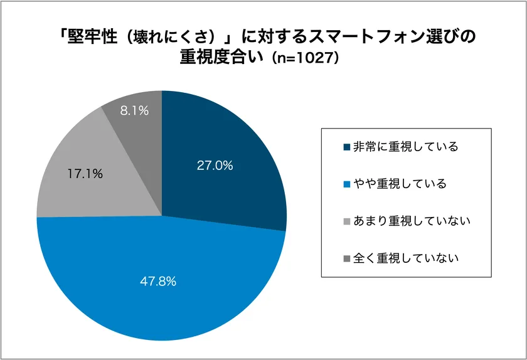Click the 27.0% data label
pyautogui.click(x=215, y=166)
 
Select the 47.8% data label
pyautogui.click(x=158, y=282)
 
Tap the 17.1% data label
pyautogui.click(x=85, y=174)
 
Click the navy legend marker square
pyautogui.click(x=347, y=147)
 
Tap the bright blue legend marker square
pyautogui.click(x=347, y=184)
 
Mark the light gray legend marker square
pyautogui.click(x=347, y=221)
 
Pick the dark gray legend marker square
pyautogui.click(x=347, y=258)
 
